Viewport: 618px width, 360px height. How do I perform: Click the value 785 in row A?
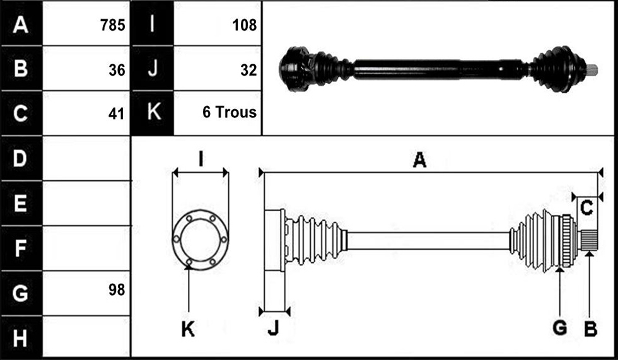point(112,25)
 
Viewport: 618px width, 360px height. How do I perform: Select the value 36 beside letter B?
point(117,70)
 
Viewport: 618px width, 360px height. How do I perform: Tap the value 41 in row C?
point(116,114)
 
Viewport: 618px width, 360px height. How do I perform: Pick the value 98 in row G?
point(117,290)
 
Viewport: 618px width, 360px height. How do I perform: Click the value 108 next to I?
point(245,25)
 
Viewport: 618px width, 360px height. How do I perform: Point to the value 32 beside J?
point(248,70)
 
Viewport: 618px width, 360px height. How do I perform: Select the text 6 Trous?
point(230,112)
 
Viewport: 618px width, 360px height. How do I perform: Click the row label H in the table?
point(20,339)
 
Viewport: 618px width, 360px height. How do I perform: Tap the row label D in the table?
point(20,158)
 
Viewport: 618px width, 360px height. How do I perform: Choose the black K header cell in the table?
point(152,113)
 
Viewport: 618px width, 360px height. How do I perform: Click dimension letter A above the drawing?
point(419,160)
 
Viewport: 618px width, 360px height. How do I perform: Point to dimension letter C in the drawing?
point(586,207)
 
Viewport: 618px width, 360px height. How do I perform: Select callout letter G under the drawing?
point(560,328)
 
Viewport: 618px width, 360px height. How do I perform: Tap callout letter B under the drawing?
point(590,328)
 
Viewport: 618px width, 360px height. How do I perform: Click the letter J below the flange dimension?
point(273,328)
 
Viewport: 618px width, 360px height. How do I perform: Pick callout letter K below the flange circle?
point(188,328)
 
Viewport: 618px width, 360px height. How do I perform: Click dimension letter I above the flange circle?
point(201,160)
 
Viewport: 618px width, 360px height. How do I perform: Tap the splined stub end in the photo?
point(592,70)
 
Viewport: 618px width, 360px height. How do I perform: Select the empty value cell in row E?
point(86,203)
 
